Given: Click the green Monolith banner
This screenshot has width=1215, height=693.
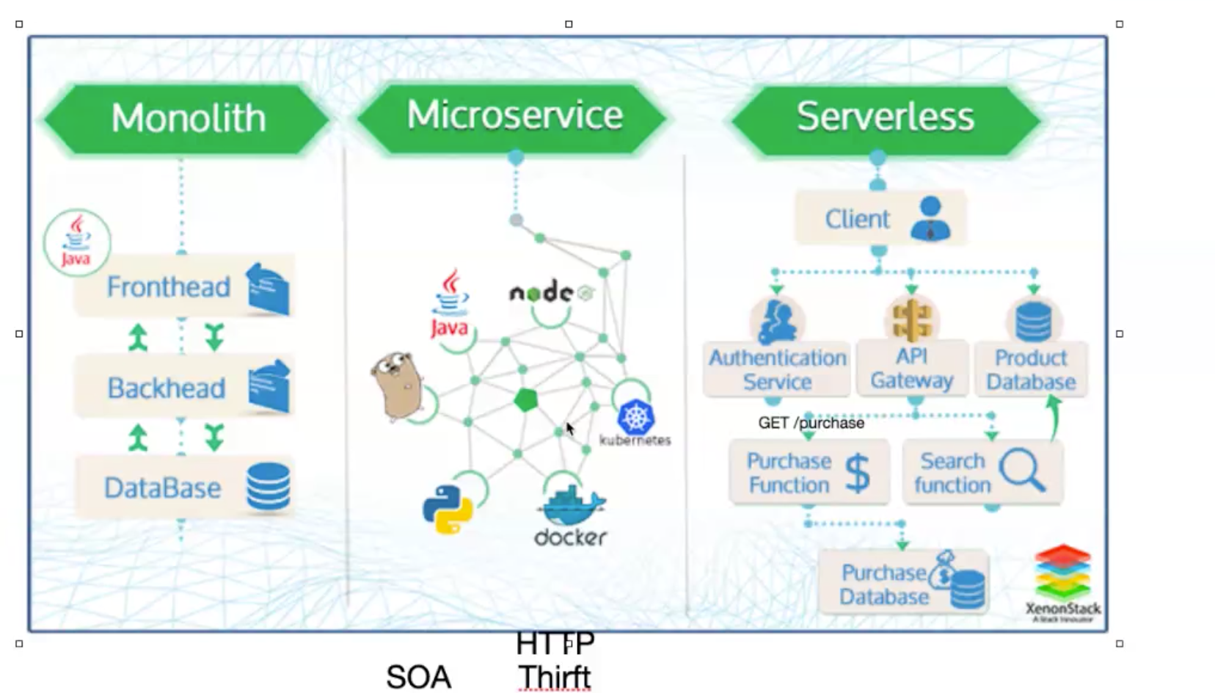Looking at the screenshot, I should click(188, 118).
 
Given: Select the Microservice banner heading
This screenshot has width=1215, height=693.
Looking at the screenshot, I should click(514, 115).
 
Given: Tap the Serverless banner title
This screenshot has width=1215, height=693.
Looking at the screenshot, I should click(885, 117).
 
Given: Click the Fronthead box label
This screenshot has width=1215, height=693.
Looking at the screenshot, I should click(168, 286).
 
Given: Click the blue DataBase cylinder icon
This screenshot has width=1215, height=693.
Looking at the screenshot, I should click(268, 487).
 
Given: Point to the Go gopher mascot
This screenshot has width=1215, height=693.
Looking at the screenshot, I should click(396, 385).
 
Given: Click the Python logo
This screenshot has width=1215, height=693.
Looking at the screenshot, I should click(448, 508).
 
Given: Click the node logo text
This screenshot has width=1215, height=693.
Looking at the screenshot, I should click(541, 293).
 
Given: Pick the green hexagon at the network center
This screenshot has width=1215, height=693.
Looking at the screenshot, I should click(525, 400).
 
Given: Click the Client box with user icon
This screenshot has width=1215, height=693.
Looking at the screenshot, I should click(880, 218).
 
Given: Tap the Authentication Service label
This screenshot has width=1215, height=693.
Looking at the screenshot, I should click(777, 369).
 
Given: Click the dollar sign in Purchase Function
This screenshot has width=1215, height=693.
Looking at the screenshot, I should click(857, 473).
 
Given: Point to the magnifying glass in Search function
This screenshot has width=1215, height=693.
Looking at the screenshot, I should click(1021, 468).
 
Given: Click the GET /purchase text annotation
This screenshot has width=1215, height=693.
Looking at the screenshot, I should click(811, 423).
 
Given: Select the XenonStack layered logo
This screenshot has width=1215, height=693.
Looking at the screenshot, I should click(1062, 573).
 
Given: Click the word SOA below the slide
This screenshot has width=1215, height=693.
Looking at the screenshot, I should click(418, 677).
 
